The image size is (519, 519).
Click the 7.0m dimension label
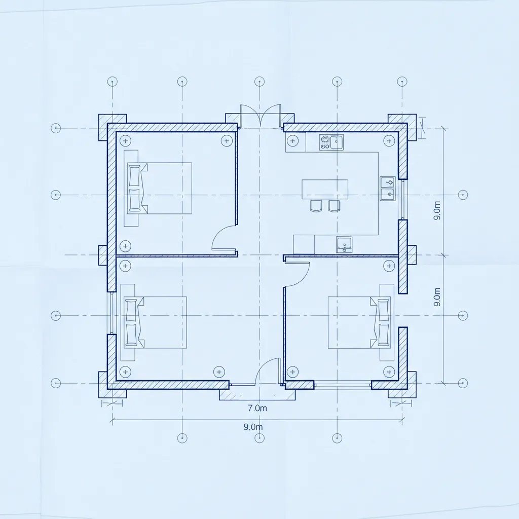(257, 408)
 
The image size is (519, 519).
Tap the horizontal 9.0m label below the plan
(253, 427)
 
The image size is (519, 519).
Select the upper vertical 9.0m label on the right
(437, 210)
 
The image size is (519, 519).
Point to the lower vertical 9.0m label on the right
(437, 296)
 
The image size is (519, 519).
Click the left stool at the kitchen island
(316, 206)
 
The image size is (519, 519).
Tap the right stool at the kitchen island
(334, 206)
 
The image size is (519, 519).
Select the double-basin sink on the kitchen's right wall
(388, 189)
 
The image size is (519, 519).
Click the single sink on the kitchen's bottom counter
(344, 245)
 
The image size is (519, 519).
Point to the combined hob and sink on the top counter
(331, 142)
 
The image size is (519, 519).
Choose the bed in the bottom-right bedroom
(359, 322)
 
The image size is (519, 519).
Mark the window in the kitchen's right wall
(403, 199)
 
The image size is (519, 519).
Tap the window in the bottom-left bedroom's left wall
(112, 313)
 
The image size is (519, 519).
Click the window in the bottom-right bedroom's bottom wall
(343, 385)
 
